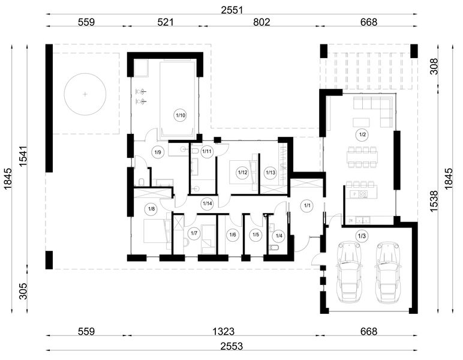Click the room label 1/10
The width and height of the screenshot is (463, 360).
[x=181, y=115]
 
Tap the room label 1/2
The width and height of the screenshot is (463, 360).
[x=363, y=134]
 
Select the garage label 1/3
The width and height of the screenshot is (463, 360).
[x=362, y=236]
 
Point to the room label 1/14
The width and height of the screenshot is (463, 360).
[x=207, y=203]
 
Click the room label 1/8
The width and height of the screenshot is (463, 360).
[x=151, y=209]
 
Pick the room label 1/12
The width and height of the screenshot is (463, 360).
[x=242, y=172]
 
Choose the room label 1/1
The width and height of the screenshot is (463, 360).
[x=308, y=206]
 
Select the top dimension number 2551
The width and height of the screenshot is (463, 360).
[x=231, y=10]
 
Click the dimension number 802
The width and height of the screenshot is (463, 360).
[x=261, y=22]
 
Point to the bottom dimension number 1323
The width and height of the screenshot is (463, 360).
[x=224, y=331]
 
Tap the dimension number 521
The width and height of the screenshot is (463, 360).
[x=165, y=22]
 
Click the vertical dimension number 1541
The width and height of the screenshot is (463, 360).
[x=23, y=156]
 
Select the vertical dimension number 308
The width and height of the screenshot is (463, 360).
[x=434, y=66]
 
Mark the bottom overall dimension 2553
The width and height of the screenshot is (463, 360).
[x=231, y=346]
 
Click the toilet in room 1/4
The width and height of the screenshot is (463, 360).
[x=275, y=248]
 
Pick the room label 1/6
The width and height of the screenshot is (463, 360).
[x=233, y=235]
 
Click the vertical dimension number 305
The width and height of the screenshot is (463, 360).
[x=23, y=291]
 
